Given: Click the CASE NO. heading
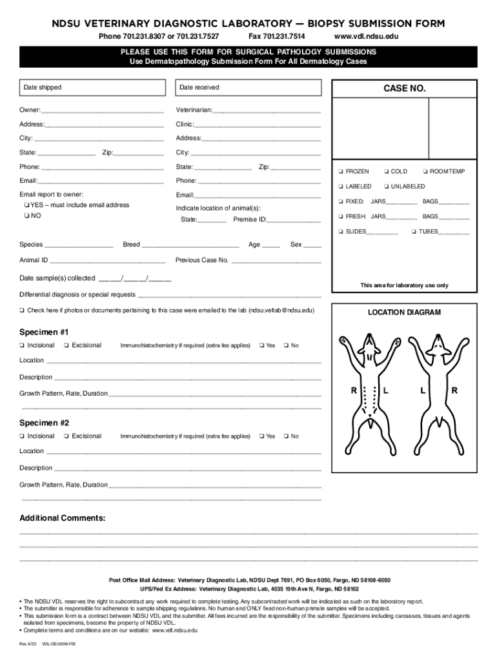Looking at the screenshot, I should pyautogui.click(x=405, y=88).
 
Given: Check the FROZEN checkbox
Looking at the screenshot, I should pyautogui.click(x=340, y=172).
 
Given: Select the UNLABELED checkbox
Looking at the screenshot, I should pyautogui.click(x=385, y=187).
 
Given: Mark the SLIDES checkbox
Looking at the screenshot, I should pyautogui.click(x=340, y=232).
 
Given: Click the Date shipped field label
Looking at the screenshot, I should pyautogui.click(x=43, y=87).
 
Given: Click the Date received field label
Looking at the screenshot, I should pyautogui.click(x=199, y=87).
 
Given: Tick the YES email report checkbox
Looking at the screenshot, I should pyautogui.click(x=26, y=205).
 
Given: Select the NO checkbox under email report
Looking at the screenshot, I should pyautogui.click(x=26, y=216).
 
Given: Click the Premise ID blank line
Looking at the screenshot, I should pyautogui.click(x=294, y=220).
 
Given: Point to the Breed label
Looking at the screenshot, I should pyautogui.click(x=132, y=245).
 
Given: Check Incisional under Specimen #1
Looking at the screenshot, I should pyautogui.click(x=23, y=345).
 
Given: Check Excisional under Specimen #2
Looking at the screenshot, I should pyautogui.click(x=67, y=436).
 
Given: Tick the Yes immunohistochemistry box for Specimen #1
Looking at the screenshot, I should pyautogui.click(x=262, y=345).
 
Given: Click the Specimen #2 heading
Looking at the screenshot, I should pyautogui.click(x=44, y=423).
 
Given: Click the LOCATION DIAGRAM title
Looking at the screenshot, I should pyautogui.click(x=404, y=312).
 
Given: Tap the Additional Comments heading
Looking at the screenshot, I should pyautogui.click(x=63, y=518).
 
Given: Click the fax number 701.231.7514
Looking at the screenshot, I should pyautogui.click(x=277, y=36).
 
